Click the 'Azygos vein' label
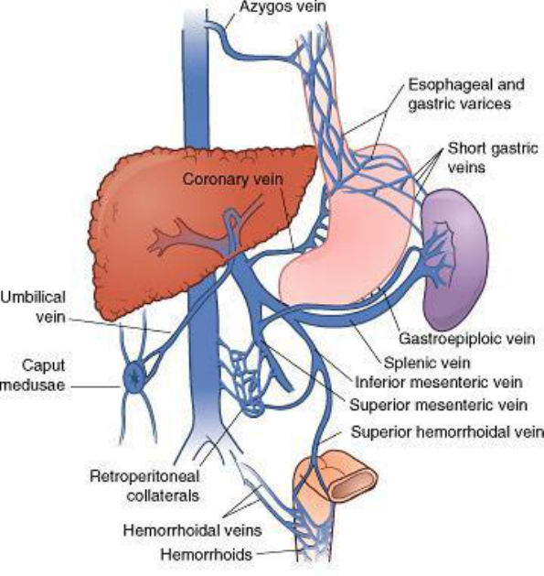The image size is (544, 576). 283,7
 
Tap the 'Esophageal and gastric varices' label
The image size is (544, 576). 466,94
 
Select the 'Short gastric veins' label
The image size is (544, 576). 493,158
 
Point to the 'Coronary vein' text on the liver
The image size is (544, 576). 233,179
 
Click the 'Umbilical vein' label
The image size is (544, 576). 33,307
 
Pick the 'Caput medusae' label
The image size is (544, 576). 33,375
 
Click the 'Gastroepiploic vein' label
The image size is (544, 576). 466,338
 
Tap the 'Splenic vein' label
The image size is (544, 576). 427,363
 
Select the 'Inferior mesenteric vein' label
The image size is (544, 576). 439,383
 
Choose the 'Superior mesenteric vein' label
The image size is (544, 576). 438,405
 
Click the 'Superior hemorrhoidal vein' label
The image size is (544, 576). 447,432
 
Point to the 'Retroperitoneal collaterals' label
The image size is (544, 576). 144,486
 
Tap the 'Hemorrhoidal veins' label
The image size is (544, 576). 193,530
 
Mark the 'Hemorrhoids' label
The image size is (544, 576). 207,554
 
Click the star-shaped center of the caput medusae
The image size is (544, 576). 135,376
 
